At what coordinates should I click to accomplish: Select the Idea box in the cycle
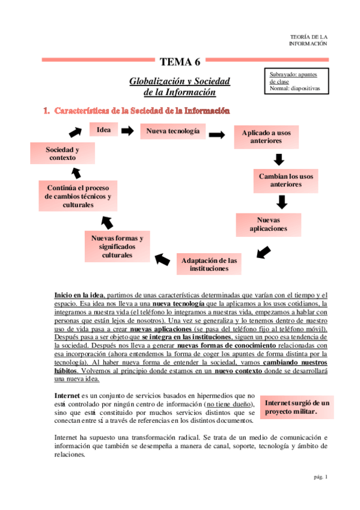click(103, 130)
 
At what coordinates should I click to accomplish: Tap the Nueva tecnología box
click(172, 131)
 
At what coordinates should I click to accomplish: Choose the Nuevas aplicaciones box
click(268, 224)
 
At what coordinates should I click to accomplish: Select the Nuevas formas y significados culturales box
click(117, 247)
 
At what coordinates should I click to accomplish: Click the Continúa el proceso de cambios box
click(78, 196)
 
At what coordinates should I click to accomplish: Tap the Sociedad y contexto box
click(62, 153)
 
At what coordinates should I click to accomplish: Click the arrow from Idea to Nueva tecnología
click(127, 130)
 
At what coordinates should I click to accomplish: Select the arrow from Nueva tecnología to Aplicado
click(217, 135)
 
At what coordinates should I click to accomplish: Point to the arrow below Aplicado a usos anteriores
click(278, 159)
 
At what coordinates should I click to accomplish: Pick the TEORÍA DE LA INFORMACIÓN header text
click(308, 40)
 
